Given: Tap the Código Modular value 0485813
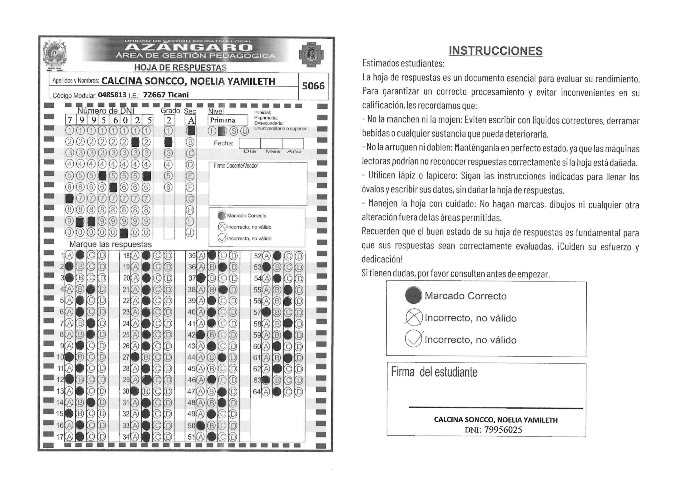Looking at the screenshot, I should (112, 95).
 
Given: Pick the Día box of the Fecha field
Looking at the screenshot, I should (250, 144).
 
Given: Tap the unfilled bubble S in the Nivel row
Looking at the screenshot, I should (234, 131).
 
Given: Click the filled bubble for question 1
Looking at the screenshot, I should (80, 255).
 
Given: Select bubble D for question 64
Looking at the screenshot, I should (299, 392).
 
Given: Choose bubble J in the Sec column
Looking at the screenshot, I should (190, 232).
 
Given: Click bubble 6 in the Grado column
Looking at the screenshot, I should (169, 187).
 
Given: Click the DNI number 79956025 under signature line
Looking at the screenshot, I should (503, 430).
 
